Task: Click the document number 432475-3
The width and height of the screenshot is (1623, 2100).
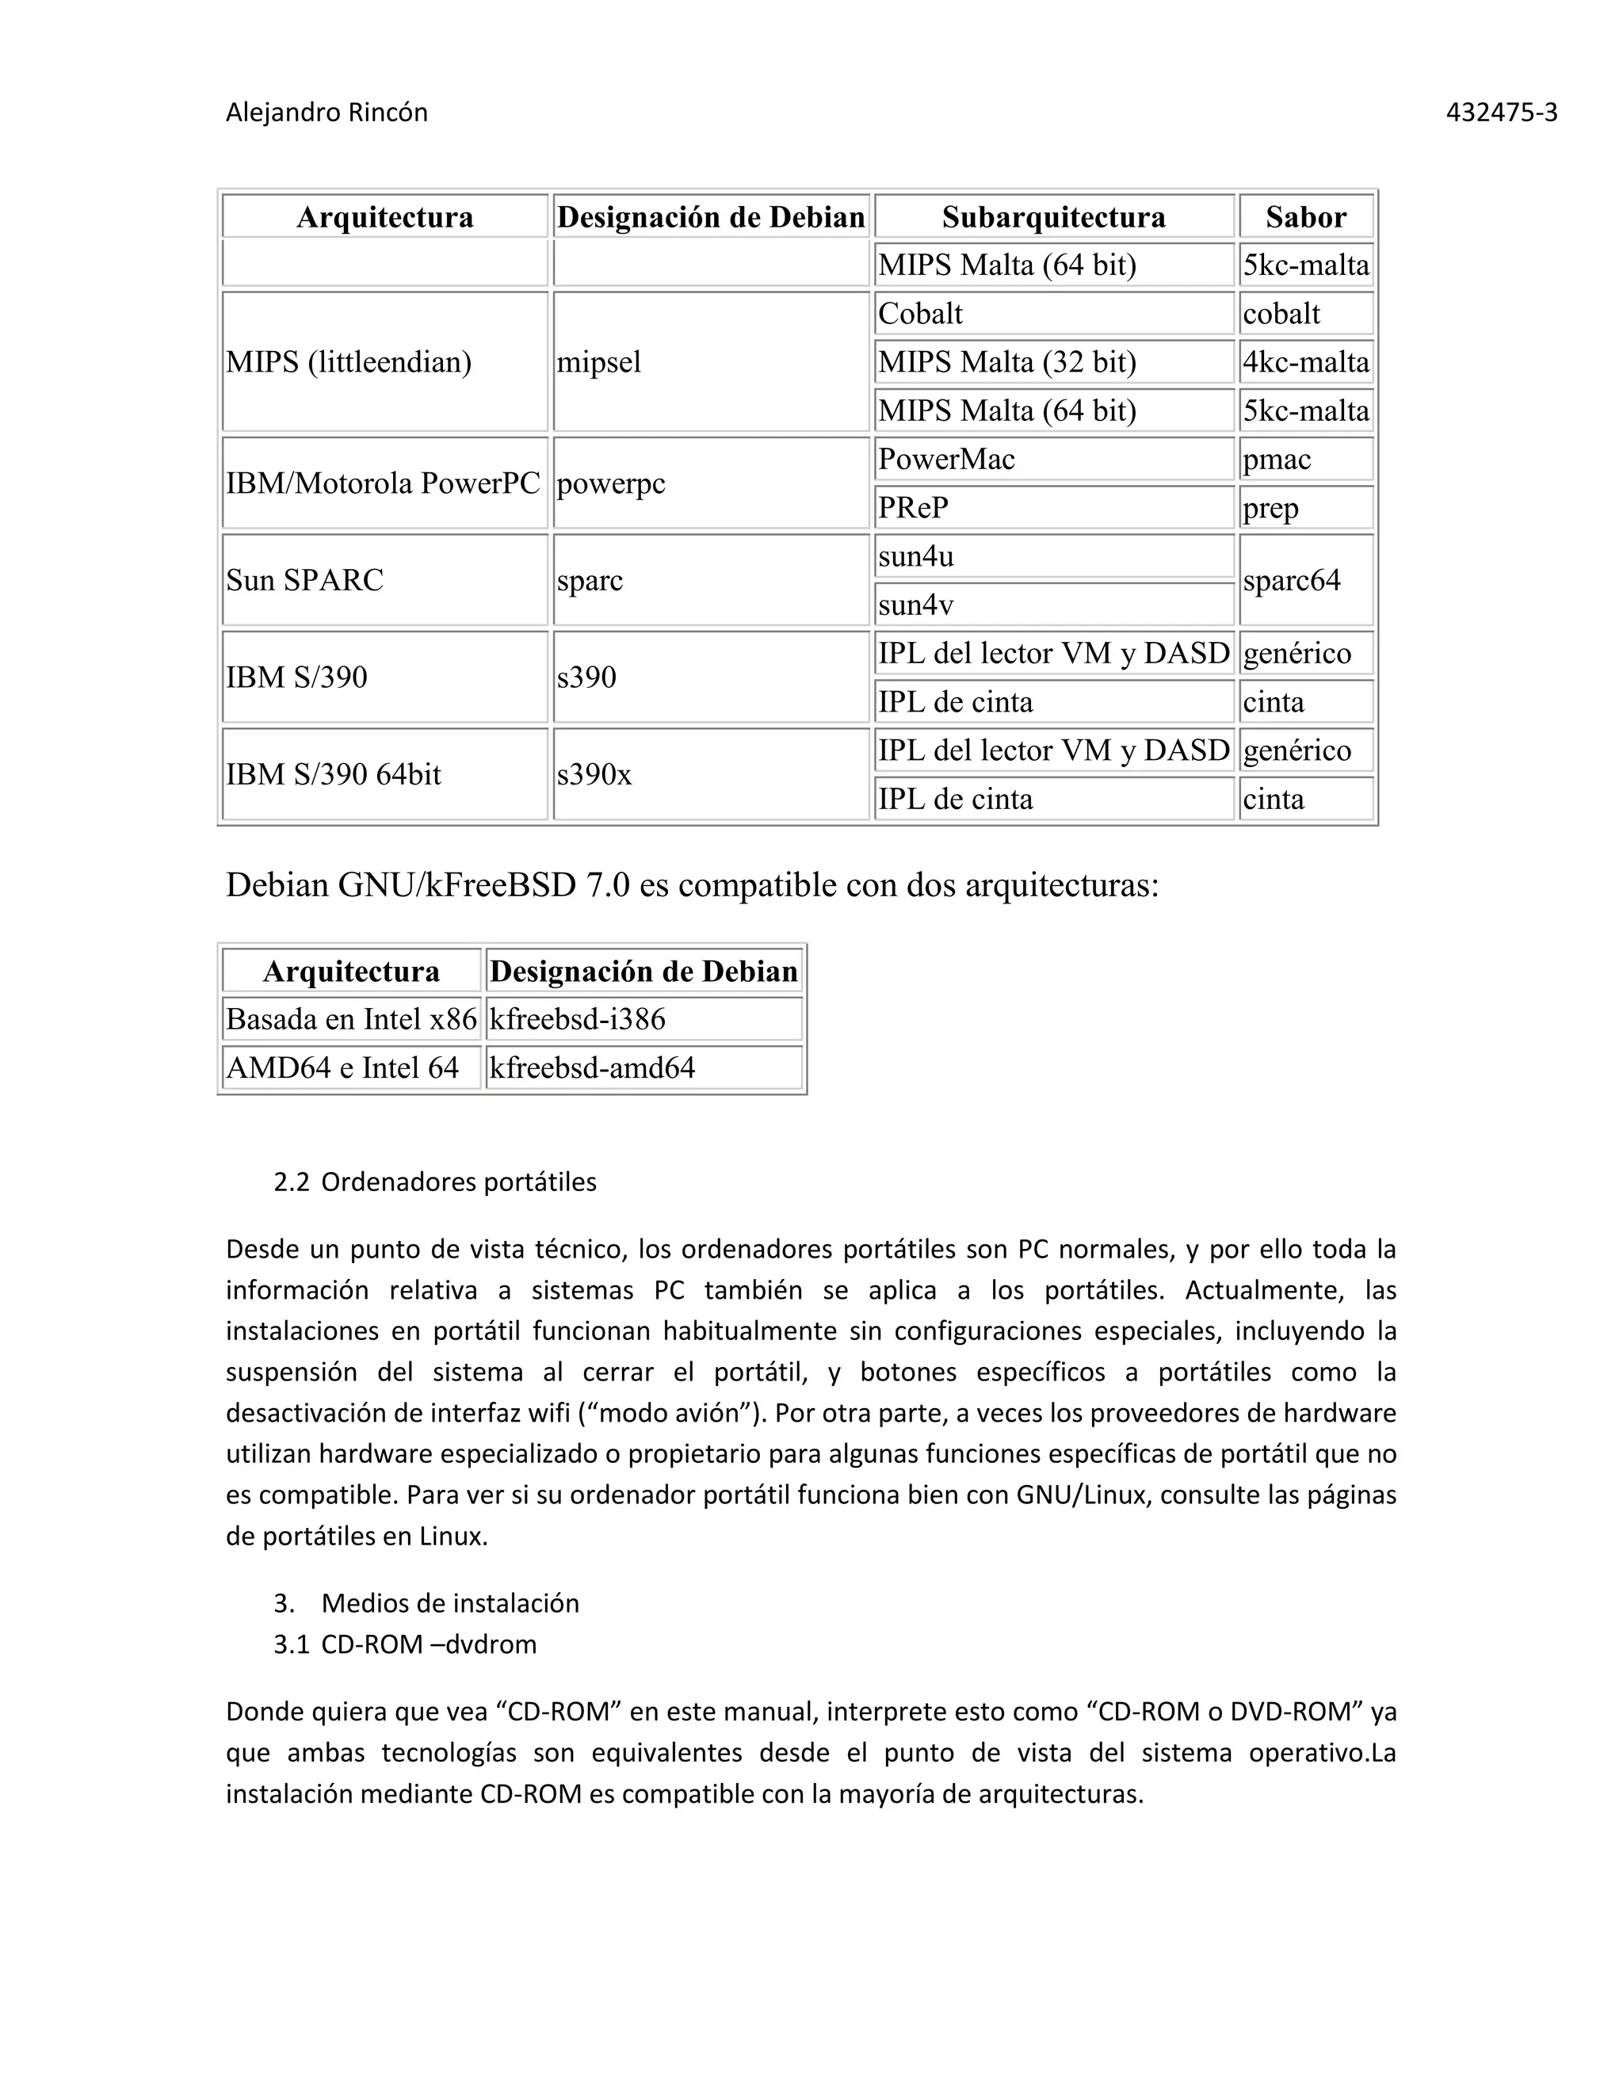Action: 1501,113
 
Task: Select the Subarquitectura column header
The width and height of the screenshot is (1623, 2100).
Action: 1053,216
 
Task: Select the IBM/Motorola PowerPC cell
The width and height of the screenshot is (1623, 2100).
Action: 383,483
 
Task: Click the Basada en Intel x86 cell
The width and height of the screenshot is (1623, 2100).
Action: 351,1019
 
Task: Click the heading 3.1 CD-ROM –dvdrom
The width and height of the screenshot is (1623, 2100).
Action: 405,1644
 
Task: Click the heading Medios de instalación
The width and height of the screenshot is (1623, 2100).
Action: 450,1603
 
